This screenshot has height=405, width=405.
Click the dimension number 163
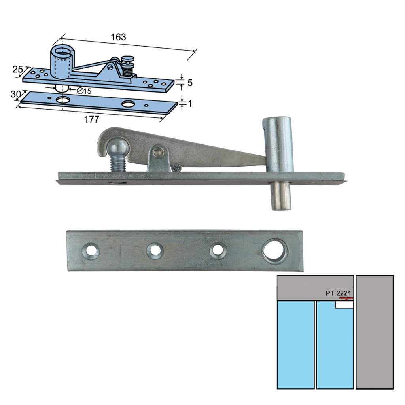click(118, 37)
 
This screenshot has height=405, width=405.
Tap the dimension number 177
click(92, 119)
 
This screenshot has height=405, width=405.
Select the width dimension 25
click(17, 69)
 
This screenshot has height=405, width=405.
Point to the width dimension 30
click(15, 94)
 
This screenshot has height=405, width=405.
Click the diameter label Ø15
click(84, 91)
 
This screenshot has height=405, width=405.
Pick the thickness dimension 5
click(190, 83)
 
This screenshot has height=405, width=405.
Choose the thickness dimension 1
click(190, 104)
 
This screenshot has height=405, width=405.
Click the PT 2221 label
click(339, 293)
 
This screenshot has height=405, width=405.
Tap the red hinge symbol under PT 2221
click(346, 299)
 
